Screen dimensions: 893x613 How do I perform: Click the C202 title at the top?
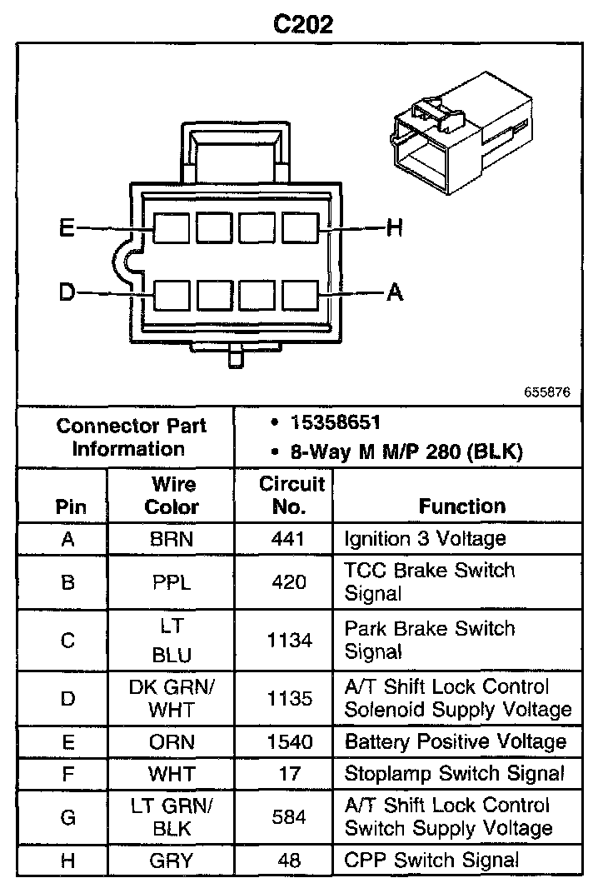coord(304,24)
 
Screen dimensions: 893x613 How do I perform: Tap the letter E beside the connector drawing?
coord(67,227)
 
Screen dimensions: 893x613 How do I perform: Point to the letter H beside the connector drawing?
coord(395,227)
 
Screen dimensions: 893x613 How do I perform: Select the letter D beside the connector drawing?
coord(67,292)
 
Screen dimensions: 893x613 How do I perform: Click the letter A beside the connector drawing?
coord(395,292)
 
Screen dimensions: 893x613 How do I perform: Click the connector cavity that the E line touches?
coord(171,227)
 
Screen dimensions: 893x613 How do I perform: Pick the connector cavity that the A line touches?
coord(300,294)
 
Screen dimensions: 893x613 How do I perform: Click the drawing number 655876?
coord(547,391)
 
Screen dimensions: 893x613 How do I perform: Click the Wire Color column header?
coord(172,495)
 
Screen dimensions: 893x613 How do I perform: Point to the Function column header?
coord(462,506)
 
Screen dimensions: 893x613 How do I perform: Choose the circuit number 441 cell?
coord(289,539)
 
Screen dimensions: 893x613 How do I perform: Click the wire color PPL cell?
coord(172,582)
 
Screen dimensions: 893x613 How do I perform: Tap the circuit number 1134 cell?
coord(289,641)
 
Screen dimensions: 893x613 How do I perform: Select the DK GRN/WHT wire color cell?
coord(172,698)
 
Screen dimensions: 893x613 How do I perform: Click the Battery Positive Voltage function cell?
coord(455,742)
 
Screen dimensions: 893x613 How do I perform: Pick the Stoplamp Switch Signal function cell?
coord(454,774)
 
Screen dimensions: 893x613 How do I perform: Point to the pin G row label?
coord(68,817)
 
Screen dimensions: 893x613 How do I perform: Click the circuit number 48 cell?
coord(289,860)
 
